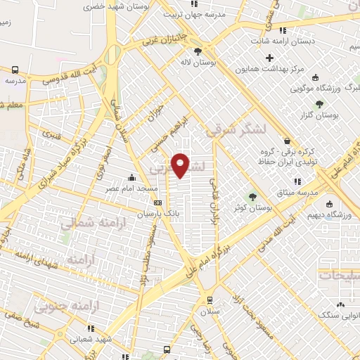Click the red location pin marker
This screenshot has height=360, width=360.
(x=181, y=165)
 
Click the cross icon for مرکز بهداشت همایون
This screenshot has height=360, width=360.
(x=269, y=56)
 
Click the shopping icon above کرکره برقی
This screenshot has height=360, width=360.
(x=285, y=141)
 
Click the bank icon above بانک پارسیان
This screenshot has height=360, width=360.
(x=167, y=202)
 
